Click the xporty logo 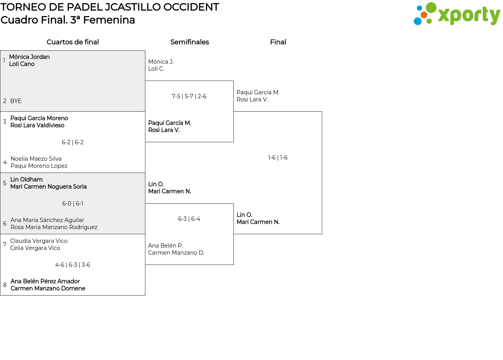[x=457, y=14]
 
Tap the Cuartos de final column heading [x=73, y=42]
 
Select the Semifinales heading [x=189, y=42]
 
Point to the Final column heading [x=278, y=42]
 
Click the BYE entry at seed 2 [x=16, y=101]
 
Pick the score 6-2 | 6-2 [x=73, y=142]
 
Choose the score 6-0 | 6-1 [x=73, y=204]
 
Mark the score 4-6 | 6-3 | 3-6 [x=73, y=265]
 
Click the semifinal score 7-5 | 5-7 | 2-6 [x=189, y=96]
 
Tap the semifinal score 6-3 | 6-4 [x=189, y=219]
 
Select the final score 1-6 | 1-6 [x=277, y=158]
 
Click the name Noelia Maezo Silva [x=36, y=159]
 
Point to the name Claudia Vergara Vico [x=39, y=241]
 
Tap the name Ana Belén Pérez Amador [x=45, y=281]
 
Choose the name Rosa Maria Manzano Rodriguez [x=54, y=227]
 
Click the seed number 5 [x=5, y=183]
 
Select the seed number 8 [x=5, y=285]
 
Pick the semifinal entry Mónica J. [x=161, y=62]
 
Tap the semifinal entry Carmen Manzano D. [x=176, y=253]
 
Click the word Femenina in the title [x=109, y=20]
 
